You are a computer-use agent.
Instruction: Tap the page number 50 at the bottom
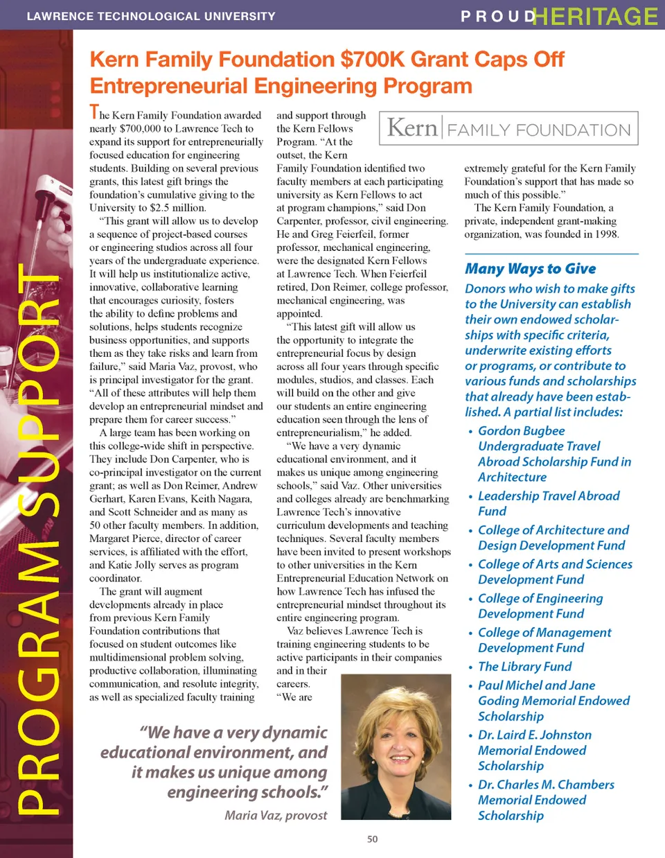(372, 839)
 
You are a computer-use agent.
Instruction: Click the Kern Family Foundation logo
(508, 128)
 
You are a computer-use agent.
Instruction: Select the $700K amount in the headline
(373, 60)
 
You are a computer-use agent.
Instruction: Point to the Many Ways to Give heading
(530, 269)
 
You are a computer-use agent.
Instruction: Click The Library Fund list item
(524, 667)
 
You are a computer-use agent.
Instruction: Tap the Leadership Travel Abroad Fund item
(548, 504)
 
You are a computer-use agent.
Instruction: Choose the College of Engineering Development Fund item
(540, 606)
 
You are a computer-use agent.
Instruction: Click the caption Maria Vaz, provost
(276, 816)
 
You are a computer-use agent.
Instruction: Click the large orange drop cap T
(94, 112)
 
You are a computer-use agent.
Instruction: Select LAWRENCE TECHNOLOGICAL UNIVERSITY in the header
(151, 16)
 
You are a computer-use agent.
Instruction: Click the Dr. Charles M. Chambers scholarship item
(545, 800)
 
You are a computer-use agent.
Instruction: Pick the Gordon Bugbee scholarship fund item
(553, 454)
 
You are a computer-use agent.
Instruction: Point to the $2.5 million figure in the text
(177, 208)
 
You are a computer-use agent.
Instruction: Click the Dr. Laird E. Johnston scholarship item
(534, 751)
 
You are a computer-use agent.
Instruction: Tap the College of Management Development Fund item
(544, 640)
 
